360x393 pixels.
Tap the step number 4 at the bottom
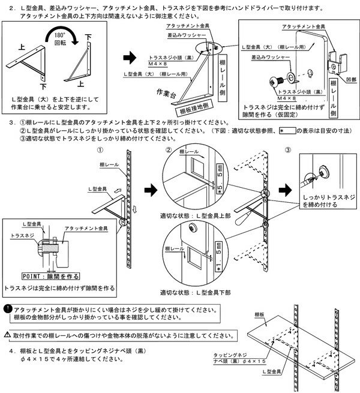(12, 349)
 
